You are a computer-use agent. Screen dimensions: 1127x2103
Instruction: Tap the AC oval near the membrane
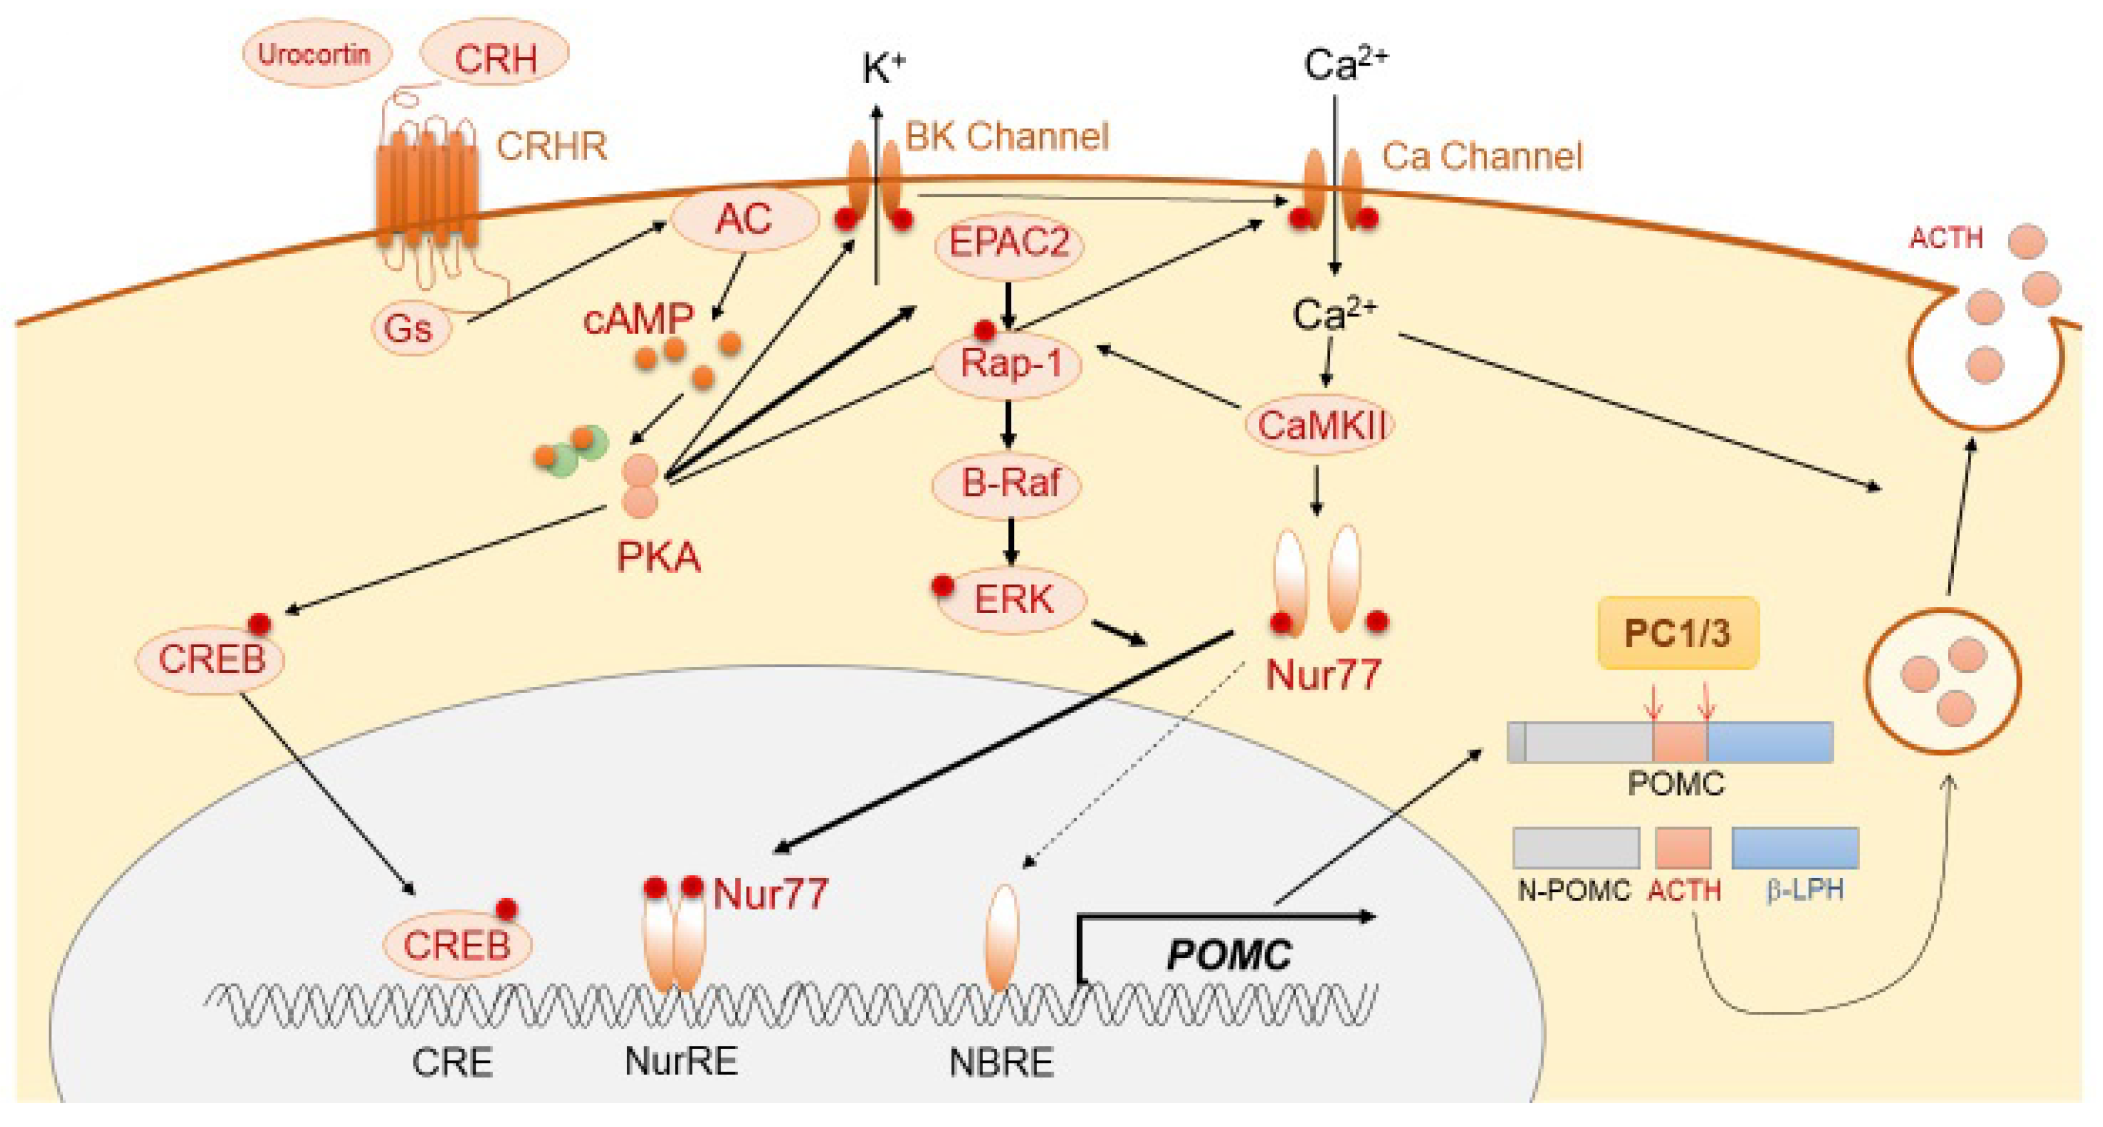click(744, 219)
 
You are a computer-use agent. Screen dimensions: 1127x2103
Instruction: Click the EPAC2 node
click(1009, 243)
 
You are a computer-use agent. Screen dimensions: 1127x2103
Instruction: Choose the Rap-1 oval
click(1009, 363)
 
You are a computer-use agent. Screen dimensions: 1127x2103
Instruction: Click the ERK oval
click(1013, 600)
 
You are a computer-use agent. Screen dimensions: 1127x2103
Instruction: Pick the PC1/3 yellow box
click(1677, 634)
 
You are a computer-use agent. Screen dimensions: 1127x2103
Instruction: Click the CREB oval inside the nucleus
click(457, 946)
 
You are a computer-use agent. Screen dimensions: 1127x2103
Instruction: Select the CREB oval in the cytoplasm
click(211, 660)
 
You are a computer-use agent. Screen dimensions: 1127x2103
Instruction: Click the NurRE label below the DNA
click(680, 1061)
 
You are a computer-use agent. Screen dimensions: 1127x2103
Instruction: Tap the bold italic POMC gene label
click(1229, 954)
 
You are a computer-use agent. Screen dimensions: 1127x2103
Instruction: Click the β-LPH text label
click(1804, 890)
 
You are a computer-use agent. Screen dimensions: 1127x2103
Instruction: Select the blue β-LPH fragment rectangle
click(1794, 848)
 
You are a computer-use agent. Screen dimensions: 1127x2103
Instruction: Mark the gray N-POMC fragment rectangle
click(1576, 848)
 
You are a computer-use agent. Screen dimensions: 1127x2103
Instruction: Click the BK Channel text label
click(1007, 137)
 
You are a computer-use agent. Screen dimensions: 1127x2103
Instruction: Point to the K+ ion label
click(883, 69)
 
